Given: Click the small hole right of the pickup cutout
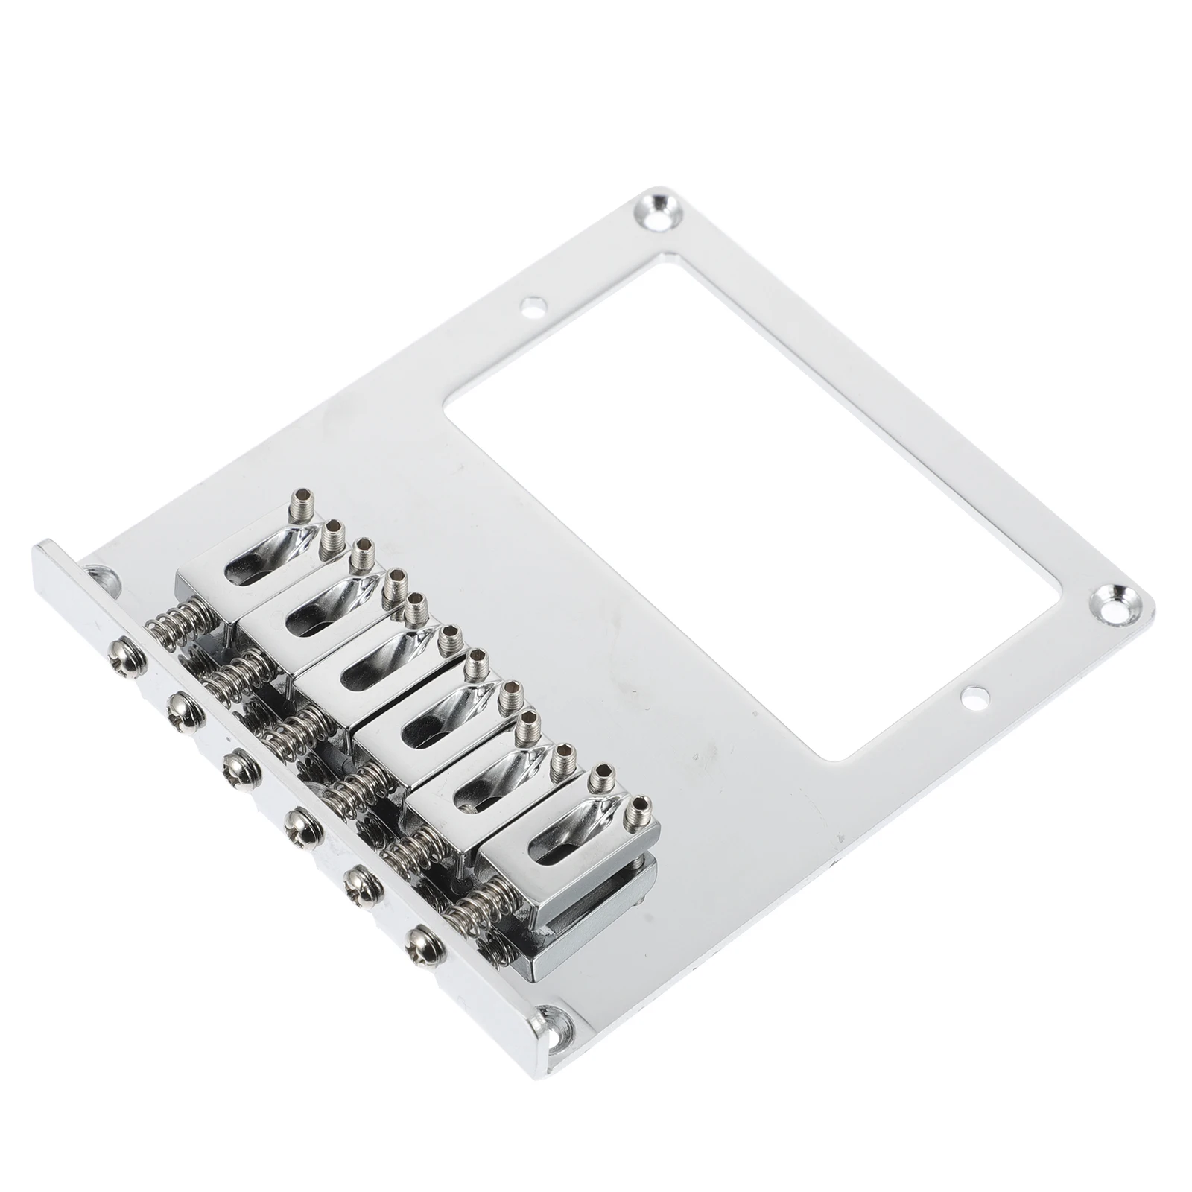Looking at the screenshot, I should [972, 699].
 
